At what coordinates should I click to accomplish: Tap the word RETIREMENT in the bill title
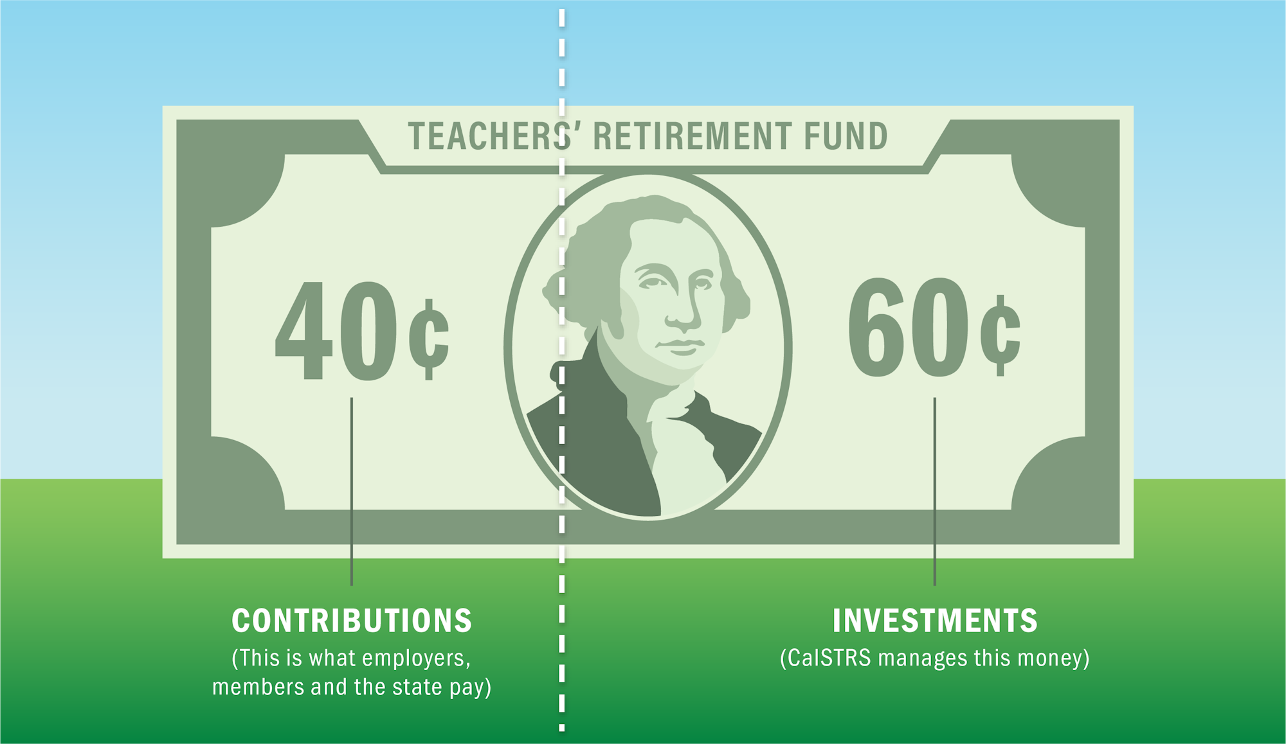coord(692,136)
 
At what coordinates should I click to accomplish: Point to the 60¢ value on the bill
coord(934,327)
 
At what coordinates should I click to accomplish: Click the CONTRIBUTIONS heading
coord(352,621)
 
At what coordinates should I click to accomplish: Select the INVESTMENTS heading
coord(935,621)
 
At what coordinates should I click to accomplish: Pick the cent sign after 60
coord(1000,335)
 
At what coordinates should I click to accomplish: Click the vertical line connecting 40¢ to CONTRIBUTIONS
coord(352,492)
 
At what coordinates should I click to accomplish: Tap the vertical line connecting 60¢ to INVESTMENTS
coord(935,492)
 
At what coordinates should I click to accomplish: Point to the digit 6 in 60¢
coord(876,327)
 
